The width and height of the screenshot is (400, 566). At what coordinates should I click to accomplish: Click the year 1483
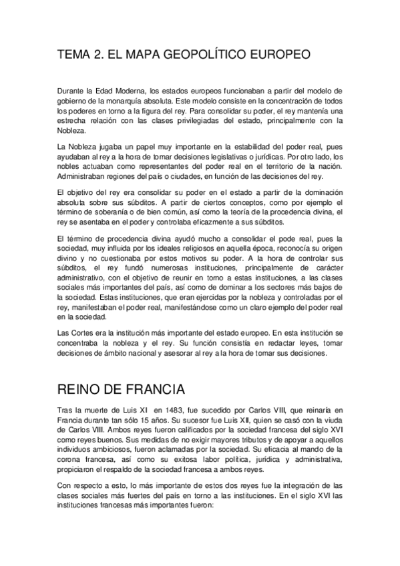point(181,410)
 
